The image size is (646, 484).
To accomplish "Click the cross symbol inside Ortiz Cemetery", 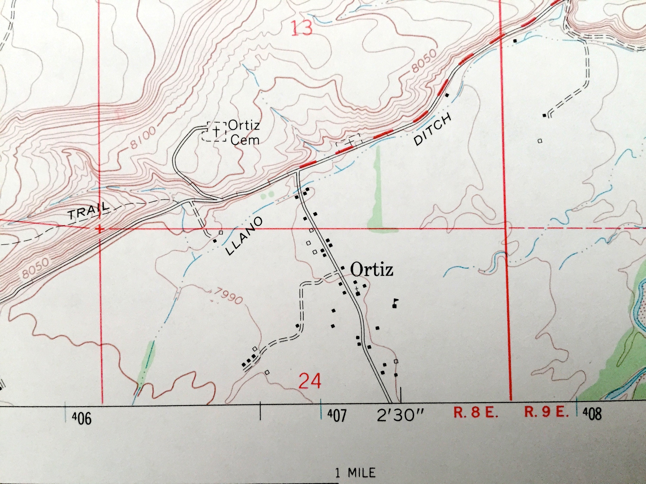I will click(x=216, y=132).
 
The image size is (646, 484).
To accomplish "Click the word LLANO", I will click(x=244, y=237).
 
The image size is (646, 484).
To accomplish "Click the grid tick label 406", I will click(x=82, y=419).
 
